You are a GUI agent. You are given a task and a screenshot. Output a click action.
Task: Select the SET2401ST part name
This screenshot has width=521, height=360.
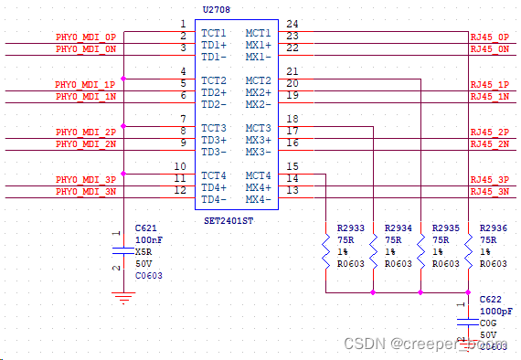[x=229, y=221]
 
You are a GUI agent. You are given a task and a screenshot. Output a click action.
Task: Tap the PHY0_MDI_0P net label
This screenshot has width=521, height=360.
[x=86, y=37]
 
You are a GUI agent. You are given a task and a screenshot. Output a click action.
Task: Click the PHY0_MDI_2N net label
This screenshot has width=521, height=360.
[x=86, y=143]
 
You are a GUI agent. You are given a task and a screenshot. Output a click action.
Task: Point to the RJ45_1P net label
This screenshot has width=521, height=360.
[x=490, y=84]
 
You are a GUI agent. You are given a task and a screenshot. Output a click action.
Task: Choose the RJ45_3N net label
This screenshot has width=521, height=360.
[x=490, y=191]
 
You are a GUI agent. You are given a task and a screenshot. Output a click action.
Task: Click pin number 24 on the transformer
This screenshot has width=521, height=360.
[x=292, y=23]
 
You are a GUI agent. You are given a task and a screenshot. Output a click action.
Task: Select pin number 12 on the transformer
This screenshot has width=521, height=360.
[x=181, y=190]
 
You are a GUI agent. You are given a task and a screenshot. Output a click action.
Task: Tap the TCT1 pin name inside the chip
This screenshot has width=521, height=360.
[x=213, y=33]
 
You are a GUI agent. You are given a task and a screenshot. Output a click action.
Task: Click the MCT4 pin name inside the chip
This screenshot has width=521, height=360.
[x=258, y=175]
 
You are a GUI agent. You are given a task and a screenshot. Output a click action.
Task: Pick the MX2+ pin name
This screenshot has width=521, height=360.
[x=258, y=92]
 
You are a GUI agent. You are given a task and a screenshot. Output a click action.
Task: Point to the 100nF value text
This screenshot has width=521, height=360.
[x=148, y=238]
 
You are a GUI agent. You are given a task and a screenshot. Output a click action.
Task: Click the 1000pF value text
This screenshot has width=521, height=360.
[x=496, y=312]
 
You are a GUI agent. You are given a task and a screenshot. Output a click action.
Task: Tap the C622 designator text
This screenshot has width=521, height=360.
[x=490, y=300]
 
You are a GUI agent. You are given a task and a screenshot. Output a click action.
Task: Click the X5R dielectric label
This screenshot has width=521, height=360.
[x=144, y=250]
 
